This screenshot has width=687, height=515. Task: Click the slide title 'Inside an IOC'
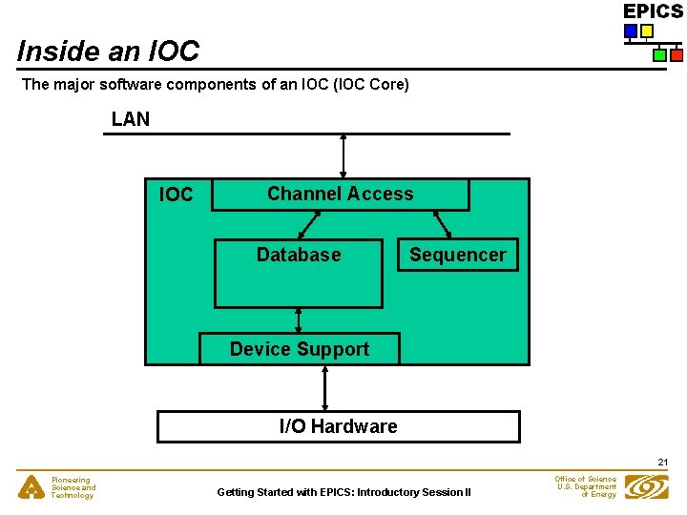tap(108, 51)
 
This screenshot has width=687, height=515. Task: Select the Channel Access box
tap(340, 195)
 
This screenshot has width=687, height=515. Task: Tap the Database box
tap(298, 273)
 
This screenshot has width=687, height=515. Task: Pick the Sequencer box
tap(457, 256)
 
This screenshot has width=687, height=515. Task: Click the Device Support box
tap(299, 349)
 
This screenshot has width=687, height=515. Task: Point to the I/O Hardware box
tap(338, 426)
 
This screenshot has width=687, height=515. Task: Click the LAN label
tap(130, 119)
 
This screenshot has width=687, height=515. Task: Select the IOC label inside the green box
tap(176, 196)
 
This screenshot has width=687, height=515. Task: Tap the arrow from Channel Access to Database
tap(309, 224)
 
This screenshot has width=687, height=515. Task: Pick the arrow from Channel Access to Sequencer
tap(443, 224)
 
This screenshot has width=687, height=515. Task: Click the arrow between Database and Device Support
tap(299, 320)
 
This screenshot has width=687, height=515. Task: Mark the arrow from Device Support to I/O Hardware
tap(325, 387)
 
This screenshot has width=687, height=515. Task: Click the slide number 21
tap(662, 463)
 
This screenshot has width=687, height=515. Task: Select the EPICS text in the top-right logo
tap(653, 11)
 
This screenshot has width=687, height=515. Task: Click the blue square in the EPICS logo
tap(630, 31)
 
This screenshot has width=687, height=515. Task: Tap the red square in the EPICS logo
tap(676, 54)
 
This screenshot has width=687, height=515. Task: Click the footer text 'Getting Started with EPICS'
tap(343, 492)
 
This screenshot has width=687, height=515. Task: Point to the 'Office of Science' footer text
tap(585, 479)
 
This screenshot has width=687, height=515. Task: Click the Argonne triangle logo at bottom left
tap(31, 487)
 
